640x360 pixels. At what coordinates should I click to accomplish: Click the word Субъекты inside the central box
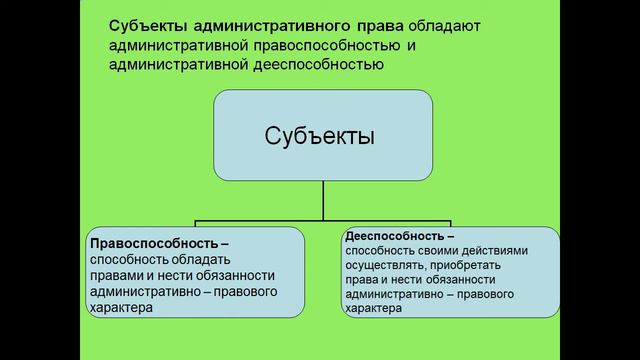coord(321,134)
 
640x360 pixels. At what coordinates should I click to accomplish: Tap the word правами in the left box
coord(116,276)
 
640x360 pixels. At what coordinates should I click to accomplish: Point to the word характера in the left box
coord(122,309)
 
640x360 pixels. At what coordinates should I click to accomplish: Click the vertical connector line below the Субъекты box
coord(322,194)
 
